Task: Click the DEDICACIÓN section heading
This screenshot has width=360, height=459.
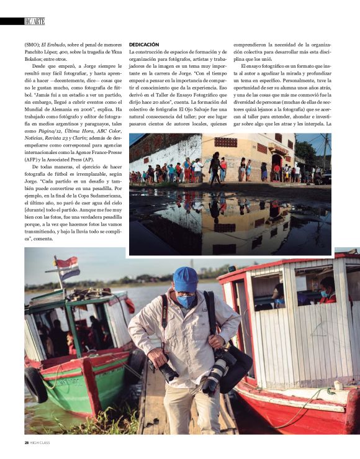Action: pos(144,45)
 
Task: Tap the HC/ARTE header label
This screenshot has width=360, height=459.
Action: pos(35,21)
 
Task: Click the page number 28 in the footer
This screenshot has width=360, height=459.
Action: pos(19,442)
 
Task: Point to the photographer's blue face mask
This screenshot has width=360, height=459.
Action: pos(186,301)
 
